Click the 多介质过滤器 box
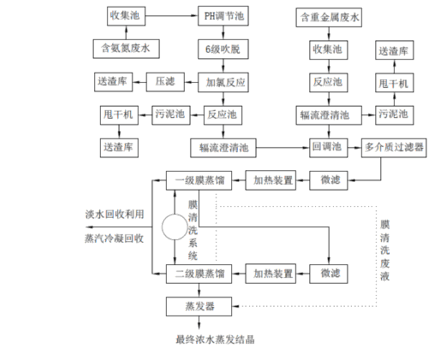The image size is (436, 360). pyautogui.click(x=394, y=147)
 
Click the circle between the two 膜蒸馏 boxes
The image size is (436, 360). pyautogui.click(x=176, y=227)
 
